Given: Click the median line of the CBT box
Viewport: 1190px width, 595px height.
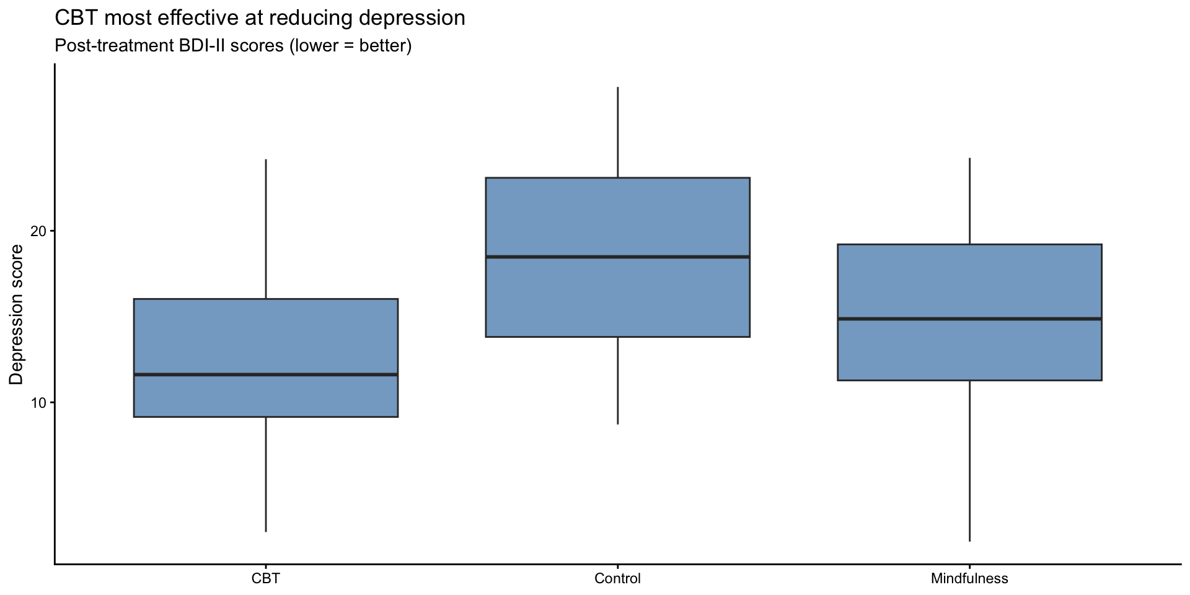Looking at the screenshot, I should click(266, 374).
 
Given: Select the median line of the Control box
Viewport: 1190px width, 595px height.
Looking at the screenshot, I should click(617, 257).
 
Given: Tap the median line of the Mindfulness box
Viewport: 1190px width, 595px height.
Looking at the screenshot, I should click(969, 319).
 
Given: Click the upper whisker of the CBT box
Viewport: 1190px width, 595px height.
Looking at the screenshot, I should click(266, 229).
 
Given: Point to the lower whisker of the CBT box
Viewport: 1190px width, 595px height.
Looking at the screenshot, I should click(266, 474).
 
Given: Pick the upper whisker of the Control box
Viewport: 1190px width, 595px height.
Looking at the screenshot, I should click(617, 133).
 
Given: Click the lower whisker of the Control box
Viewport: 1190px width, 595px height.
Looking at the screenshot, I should click(617, 381).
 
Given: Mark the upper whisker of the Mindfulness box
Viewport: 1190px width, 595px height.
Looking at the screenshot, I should click(969, 201).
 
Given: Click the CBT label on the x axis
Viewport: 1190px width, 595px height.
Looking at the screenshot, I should click(266, 579).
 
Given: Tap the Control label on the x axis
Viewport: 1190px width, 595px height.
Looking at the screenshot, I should click(617, 579).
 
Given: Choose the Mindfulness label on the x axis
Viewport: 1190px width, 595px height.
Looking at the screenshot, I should click(969, 579).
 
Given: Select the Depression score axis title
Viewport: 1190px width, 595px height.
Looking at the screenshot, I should click(17, 314).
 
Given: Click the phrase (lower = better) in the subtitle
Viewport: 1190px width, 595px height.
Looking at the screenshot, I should click(351, 46).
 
